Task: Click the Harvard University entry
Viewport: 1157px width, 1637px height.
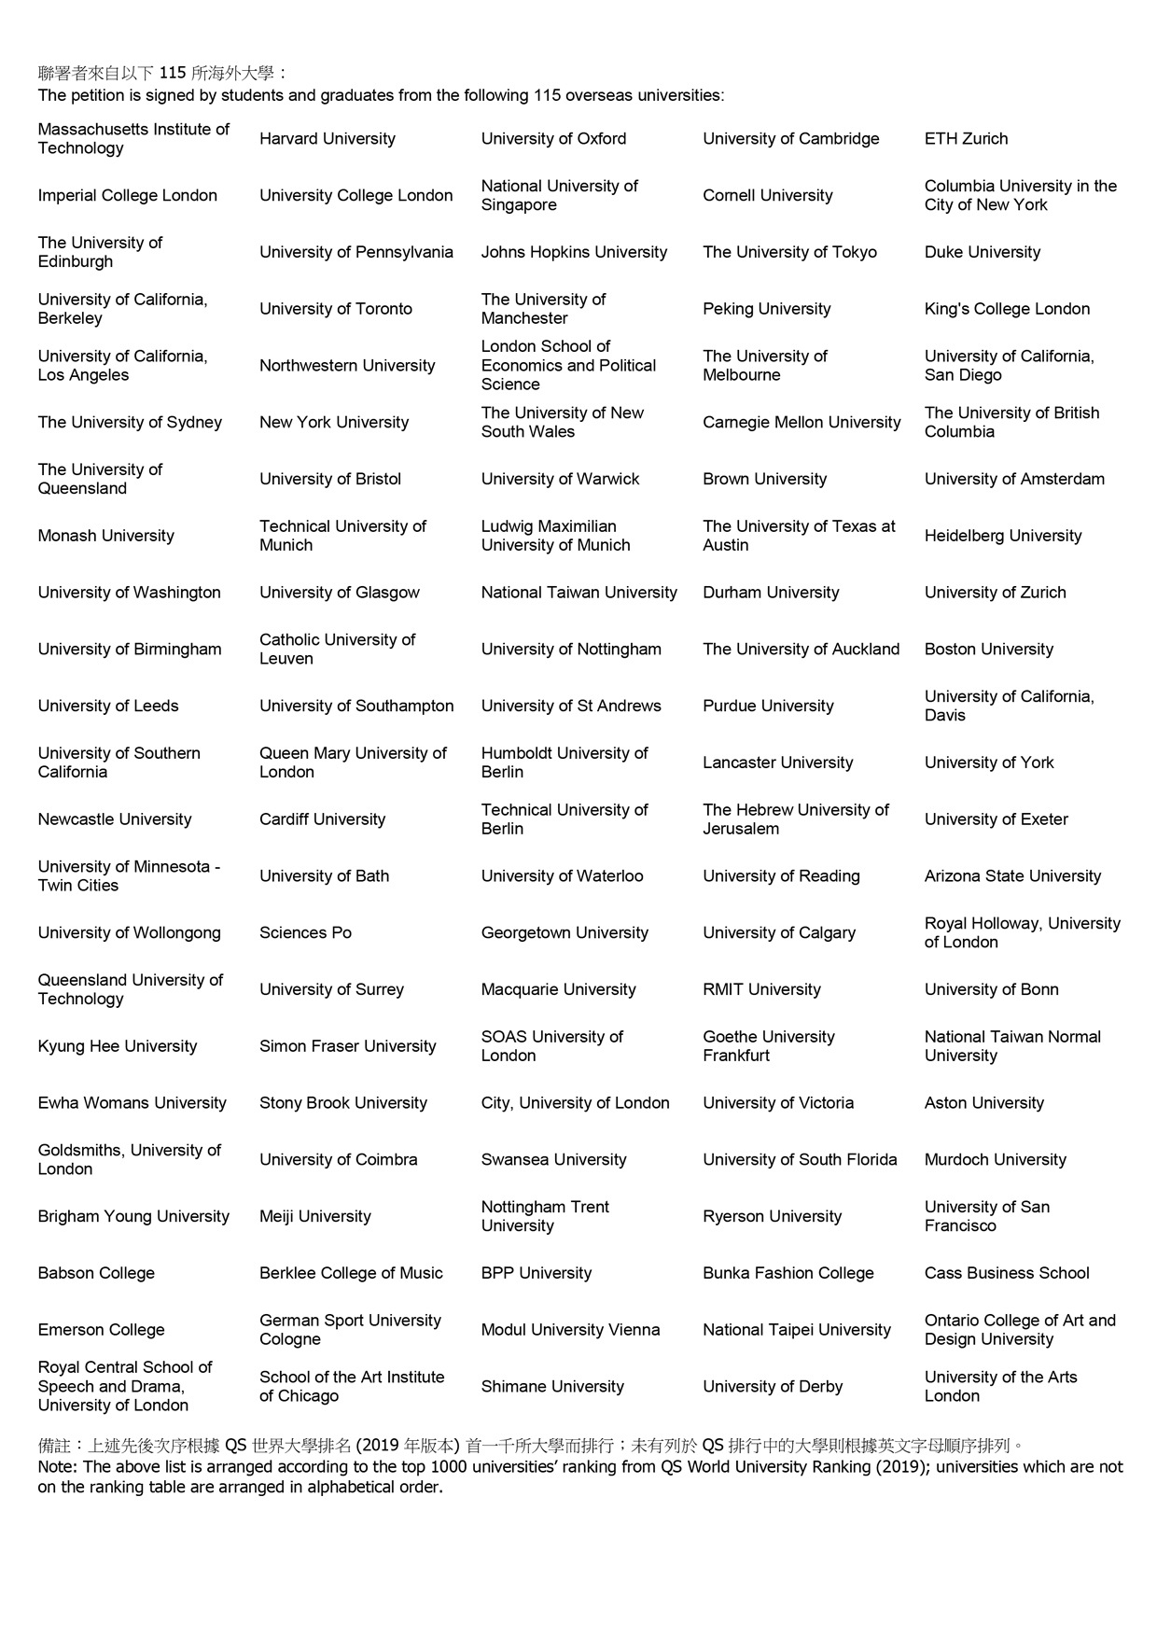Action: [x=328, y=139]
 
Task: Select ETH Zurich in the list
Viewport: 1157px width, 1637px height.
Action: [x=966, y=139]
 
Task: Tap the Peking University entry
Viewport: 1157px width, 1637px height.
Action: [x=766, y=309]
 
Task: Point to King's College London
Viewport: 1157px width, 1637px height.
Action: [x=1007, y=309]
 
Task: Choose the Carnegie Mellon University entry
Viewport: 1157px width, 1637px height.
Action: [x=802, y=423]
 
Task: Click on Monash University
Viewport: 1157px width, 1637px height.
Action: [x=105, y=536]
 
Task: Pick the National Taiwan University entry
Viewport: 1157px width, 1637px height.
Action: [x=578, y=593]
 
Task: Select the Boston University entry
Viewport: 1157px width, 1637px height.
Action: [x=988, y=650]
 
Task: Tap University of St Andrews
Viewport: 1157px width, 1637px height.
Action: [x=571, y=707]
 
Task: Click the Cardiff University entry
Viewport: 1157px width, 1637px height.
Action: [x=322, y=819]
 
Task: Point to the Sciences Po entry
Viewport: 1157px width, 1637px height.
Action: [x=305, y=933]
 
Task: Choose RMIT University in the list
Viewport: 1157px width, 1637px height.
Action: [x=761, y=989]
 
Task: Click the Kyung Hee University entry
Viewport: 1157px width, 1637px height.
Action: [x=118, y=1046]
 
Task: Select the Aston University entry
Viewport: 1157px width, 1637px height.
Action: [x=983, y=1103]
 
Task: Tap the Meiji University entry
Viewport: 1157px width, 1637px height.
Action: [x=314, y=1216]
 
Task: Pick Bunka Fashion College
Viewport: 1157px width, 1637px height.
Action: [x=788, y=1273]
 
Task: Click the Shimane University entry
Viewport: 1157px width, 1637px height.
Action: [x=551, y=1387]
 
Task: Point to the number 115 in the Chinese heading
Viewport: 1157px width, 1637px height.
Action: [x=173, y=73]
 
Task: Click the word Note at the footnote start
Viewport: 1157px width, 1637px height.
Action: [x=57, y=1466]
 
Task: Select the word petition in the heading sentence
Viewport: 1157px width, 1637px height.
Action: [x=99, y=95]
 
